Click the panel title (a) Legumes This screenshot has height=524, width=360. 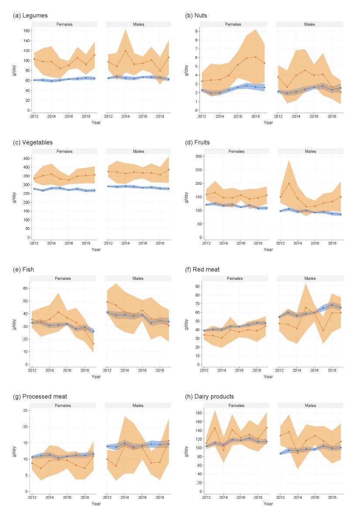pos(31,16)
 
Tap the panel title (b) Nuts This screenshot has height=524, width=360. pos(197,16)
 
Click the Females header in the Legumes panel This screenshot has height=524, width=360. pos(65,24)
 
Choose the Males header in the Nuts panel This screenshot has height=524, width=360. pos(309,24)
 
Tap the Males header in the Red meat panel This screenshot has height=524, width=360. pos(309,278)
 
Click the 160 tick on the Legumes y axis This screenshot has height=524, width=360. pos(25,31)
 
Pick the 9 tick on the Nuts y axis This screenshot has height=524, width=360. pos(198,31)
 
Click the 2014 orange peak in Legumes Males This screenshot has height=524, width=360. pos(125,51)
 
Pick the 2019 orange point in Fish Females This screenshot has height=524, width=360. pos(93,344)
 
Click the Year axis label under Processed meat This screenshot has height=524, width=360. pos(96,503)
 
